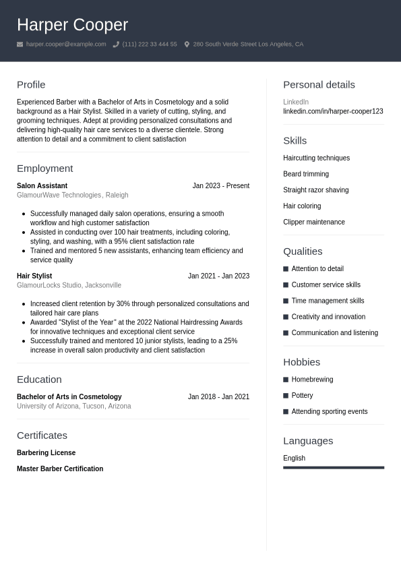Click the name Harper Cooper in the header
[72, 25]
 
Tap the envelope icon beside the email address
[20, 44]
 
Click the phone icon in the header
[116, 44]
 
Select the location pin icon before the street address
[187, 44]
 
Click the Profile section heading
[31, 84]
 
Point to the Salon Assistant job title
[42, 185]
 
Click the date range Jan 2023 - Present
[220, 185]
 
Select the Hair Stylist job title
[34, 276]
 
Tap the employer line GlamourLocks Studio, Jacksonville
[69, 285]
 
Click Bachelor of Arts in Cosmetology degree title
[69, 396]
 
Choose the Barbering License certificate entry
[46, 452]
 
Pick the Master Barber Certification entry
[60, 469]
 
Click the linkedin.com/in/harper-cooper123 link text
[333, 111]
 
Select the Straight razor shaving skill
[315, 190]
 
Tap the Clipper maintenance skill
[313, 222]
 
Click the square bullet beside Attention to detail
[286, 269]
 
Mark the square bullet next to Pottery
[286, 396]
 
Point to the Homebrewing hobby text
[312, 380]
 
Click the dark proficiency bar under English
[334, 467]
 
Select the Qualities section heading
[303, 251]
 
